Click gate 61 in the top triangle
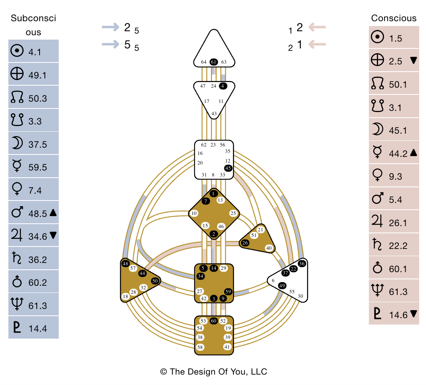(x=214, y=62)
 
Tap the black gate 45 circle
(x=228, y=168)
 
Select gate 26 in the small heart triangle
(x=245, y=243)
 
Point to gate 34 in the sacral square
(x=201, y=276)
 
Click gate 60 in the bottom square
(x=214, y=321)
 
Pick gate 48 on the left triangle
(x=125, y=264)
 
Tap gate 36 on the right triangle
(x=302, y=263)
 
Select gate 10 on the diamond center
(x=194, y=213)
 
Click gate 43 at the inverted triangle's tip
(x=214, y=114)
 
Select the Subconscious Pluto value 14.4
(x=38, y=329)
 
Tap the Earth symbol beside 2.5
(x=377, y=61)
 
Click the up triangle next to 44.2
(x=414, y=152)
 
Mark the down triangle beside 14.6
(x=414, y=314)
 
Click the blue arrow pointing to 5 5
(x=110, y=44)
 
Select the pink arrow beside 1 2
(x=317, y=27)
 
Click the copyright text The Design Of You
(x=213, y=371)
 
